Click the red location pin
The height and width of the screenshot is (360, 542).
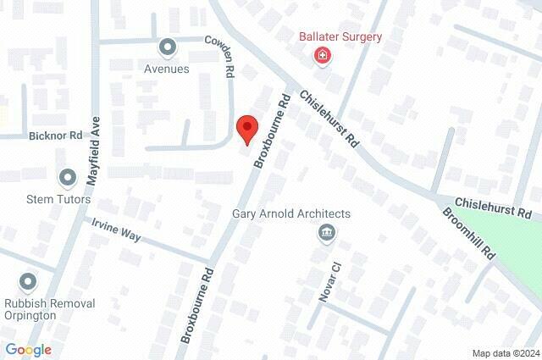coord(246,129)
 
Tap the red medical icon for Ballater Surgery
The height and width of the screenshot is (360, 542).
coord(323,57)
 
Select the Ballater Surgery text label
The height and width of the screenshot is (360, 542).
coord(340,37)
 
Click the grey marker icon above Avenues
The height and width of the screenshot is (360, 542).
coord(167,47)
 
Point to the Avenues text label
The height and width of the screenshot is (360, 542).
coord(167,69)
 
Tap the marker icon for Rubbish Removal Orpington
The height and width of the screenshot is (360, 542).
coord(28,281)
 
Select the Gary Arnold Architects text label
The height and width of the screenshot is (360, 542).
coord(291,213)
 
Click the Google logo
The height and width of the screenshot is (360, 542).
coord(28,350)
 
